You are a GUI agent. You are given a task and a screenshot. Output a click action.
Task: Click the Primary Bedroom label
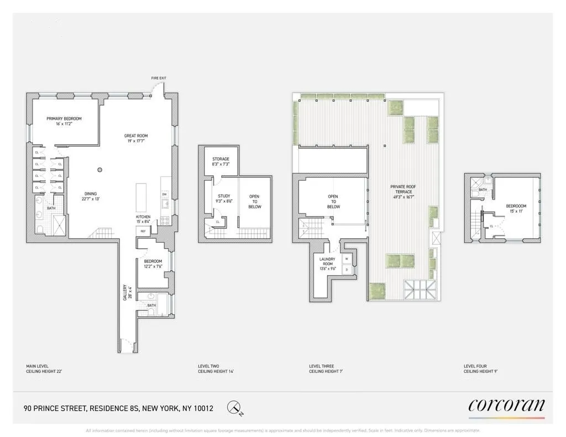point(64,119)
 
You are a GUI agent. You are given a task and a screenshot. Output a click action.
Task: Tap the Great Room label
point(135,136)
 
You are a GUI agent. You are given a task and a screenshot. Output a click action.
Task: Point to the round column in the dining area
point(100,170)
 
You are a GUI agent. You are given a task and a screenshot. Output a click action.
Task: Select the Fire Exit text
point(159,78)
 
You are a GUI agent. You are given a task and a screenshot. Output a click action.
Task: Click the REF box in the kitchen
point(143,231)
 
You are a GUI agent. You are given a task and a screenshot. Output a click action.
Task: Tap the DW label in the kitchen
point(165,194)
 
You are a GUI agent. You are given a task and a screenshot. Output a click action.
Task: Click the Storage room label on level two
point(221,160)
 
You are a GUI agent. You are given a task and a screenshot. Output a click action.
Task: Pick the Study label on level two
point(224,196)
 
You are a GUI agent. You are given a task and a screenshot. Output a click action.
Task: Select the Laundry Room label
point(328,261)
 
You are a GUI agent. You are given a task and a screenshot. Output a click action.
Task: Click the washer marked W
point(347,259)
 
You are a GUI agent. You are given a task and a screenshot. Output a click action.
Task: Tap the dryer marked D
point(347,269)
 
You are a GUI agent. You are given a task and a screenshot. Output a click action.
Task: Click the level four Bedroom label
point(516,206)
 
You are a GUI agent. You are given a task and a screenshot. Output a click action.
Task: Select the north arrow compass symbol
point(234,408)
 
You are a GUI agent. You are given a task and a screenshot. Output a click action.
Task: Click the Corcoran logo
point(506,406)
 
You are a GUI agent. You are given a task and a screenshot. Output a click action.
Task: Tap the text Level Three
point(321,366)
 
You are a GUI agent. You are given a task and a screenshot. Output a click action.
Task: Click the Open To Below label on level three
point(333,201)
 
